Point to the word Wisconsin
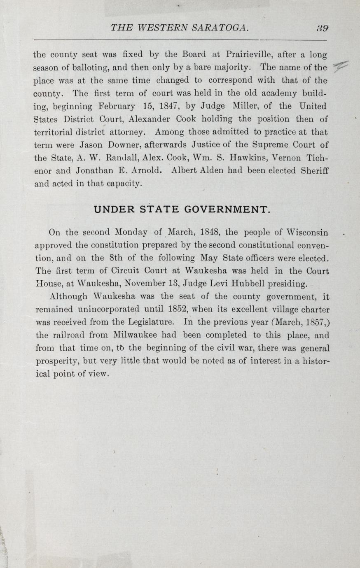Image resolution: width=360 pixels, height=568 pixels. [308, 233]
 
